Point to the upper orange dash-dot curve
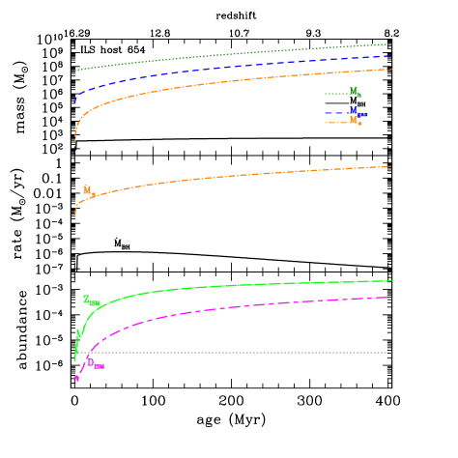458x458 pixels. [232, 82]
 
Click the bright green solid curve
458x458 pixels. [232, 286]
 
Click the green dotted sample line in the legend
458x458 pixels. [335, 94]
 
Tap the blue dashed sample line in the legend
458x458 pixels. [335, 113]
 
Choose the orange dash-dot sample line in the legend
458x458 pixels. [335, 123]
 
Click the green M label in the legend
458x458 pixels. [355, 92]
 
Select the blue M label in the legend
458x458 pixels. [355, 111]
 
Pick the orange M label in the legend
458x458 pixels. [355, 121]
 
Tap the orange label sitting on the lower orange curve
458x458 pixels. [88, 190]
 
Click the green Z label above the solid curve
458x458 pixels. [90, 301]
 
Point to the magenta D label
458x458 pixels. [95, 364]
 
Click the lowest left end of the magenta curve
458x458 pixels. [76, 378]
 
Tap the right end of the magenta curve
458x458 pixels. [388, 298]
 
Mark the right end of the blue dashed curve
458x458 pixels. [389, 56]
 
